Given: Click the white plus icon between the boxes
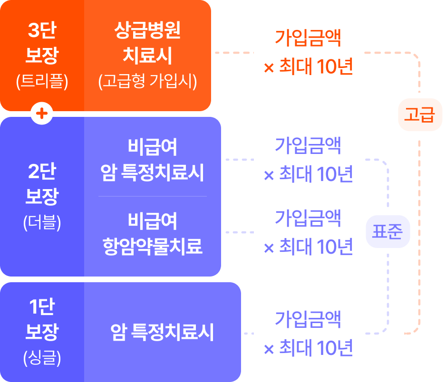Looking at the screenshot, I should click(42, 114).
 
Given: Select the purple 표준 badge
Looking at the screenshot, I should click(387, 231).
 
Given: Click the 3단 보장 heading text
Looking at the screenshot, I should click(42, 44).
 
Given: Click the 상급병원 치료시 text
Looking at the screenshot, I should click(147, 44).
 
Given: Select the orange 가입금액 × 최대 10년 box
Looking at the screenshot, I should click(308, 52).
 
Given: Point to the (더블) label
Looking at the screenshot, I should click(42, 223).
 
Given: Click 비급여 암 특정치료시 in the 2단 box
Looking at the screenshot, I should click(152, 160).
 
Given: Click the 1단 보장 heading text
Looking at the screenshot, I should click(42, 320).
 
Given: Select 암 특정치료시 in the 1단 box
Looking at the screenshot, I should click(162, 333).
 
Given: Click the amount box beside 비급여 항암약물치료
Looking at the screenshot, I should click(308, 232).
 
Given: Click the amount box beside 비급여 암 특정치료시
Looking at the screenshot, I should click(308, 160).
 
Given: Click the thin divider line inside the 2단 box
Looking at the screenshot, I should click(152, 196).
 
